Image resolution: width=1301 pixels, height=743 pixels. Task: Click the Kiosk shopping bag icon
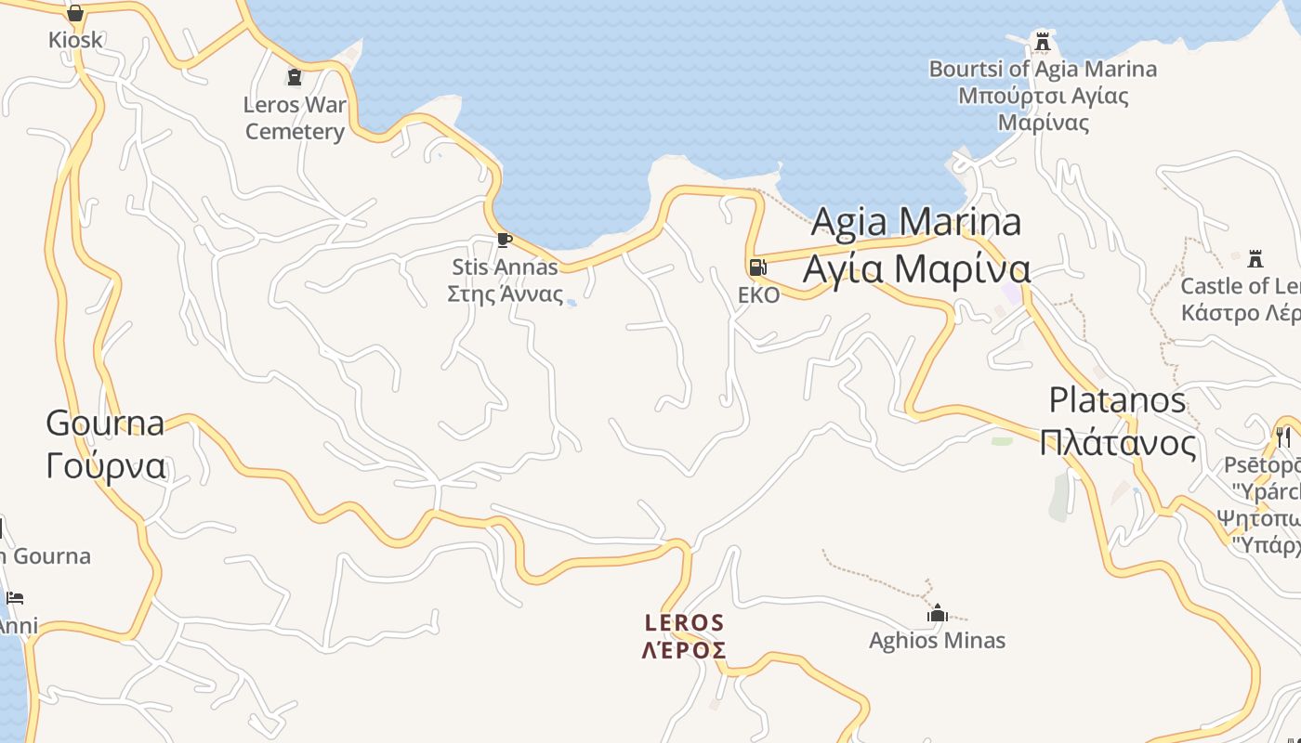coord(75,13)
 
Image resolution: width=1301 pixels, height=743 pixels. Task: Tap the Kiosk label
coord(75,40)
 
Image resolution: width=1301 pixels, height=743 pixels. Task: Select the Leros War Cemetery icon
coord(295,77)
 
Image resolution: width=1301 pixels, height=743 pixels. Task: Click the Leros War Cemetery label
coord(295,118)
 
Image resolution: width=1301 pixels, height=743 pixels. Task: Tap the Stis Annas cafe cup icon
coord(505,241)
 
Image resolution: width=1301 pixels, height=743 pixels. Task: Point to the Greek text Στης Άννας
coord(505,294)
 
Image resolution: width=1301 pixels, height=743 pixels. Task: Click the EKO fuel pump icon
coord(758,267)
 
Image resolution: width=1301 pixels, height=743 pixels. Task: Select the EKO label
coord(758,295)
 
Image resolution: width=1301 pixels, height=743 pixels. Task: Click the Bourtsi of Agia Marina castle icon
coord(1043,42)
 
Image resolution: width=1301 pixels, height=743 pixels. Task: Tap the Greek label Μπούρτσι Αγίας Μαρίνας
coord(1043,109)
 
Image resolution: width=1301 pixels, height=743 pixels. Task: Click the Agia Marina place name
coord(916,222)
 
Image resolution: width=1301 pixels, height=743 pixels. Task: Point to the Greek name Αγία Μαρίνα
coord(916,268)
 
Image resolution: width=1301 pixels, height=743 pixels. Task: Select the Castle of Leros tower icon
coord(1255,258)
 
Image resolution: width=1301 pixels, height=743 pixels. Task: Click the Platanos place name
coord(1117,400)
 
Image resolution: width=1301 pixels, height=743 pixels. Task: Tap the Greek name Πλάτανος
coord(1117,442)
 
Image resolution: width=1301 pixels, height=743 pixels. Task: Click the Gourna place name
coord(105,423)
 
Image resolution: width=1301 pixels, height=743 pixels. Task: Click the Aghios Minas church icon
coord(938,613)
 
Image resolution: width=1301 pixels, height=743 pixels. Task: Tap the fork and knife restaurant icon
coord(1283,436)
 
